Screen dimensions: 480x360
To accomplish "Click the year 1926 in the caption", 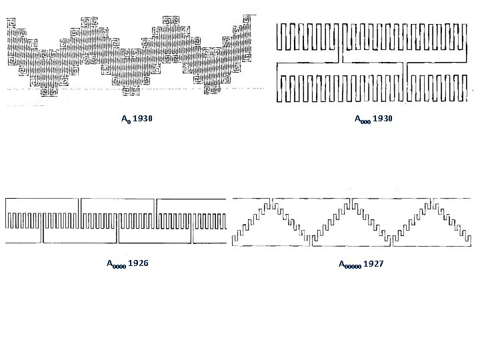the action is [x=138, y=263].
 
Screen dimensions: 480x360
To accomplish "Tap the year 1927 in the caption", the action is [x=373, y=263].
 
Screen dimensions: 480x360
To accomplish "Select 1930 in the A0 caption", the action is [x=143, y=119].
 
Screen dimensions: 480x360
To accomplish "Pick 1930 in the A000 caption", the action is [x=383, y=119].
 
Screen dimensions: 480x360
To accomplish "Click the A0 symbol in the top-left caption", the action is [x=126, y=119].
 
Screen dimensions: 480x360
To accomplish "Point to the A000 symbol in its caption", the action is [x=363, y=119].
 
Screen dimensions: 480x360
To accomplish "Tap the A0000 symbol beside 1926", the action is [x=116, y=264].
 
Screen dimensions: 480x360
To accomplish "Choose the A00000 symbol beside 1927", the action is [x=350, y=265].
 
